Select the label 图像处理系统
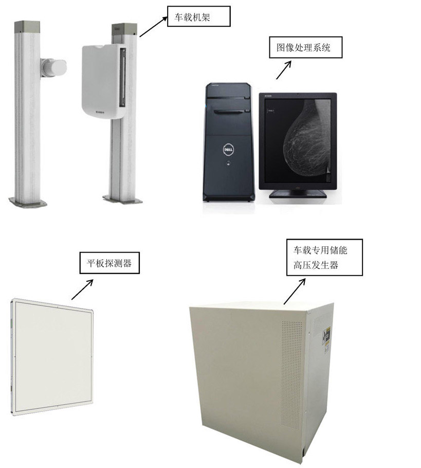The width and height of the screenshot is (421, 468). tap(306, 48)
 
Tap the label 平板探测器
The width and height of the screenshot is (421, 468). tap(109, 263)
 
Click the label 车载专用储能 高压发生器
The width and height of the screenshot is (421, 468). tap(324, 258)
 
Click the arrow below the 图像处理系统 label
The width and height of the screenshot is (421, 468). tap(284, 70)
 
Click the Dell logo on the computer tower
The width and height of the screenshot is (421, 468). tap(228, 149)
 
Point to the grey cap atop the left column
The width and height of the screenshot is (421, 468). tap(27, 25)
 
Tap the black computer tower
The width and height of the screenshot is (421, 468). tap(229, 139)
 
